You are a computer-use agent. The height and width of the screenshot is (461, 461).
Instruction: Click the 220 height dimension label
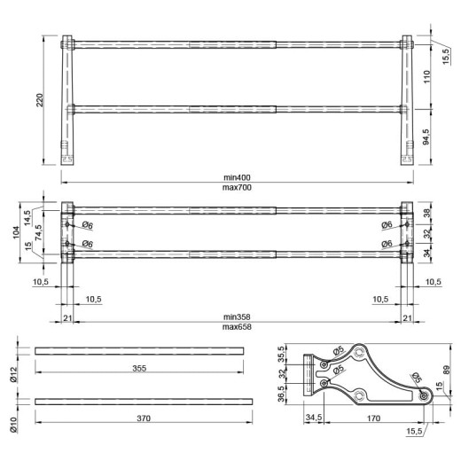pos(40,100)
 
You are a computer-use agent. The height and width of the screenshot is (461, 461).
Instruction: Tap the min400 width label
pos(237,177)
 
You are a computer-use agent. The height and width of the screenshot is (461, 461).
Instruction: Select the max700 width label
pos(237,187)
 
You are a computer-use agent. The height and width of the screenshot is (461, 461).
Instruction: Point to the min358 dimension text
pos(237,316)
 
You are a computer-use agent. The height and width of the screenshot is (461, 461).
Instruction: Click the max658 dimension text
pos(237,327)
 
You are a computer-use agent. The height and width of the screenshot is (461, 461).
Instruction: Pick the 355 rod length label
pos(139,368)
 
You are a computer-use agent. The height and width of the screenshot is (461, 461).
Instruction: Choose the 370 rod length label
pos(144,418)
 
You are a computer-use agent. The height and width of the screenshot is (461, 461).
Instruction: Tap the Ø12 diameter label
pos(14,375)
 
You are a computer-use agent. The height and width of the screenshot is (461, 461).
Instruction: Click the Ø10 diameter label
pos(14,425)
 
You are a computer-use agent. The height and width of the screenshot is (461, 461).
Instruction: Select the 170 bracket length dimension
pos(373,418)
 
